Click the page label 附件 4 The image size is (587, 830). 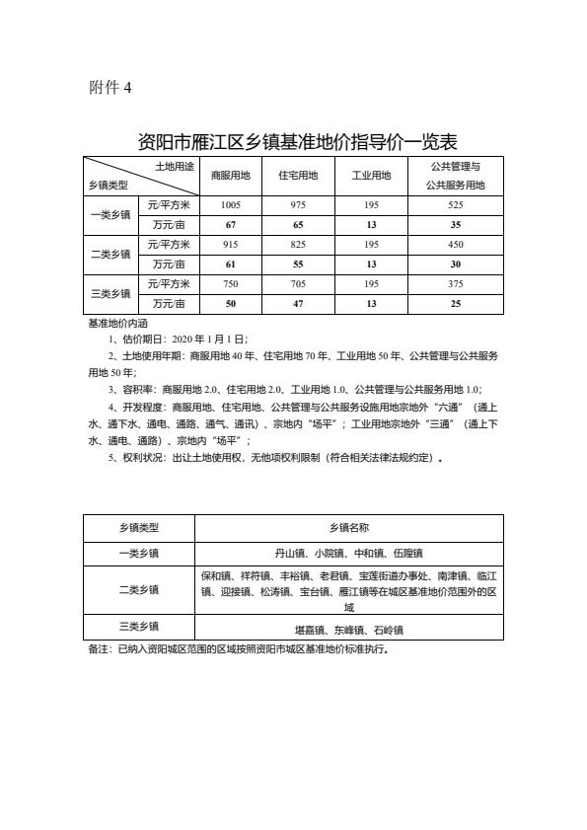click(110, 88)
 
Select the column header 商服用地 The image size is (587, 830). click(230, 176)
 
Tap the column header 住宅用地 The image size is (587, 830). click(298, 176)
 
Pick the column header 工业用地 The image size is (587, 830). click(371, 176)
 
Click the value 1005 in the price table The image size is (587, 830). click(230, 204)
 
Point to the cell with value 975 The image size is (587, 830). click(298, 204)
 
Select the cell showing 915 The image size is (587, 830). click(230, 244)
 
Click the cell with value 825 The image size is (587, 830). click(298, 244)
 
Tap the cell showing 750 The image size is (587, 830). click(230, 283)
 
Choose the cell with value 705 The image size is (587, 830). click(298, 283)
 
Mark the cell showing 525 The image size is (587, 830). click(455, 204)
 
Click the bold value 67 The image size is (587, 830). click(230, 224)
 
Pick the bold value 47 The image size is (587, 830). click(298, 303)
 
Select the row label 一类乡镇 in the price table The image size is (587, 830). click(110, 214)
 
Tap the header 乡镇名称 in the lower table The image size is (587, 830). click(348, 528)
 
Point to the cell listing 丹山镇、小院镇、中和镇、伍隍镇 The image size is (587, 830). click(348, 554)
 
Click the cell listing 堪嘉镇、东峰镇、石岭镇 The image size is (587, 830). click(348, 629)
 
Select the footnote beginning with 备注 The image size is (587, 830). click(236, 650)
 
